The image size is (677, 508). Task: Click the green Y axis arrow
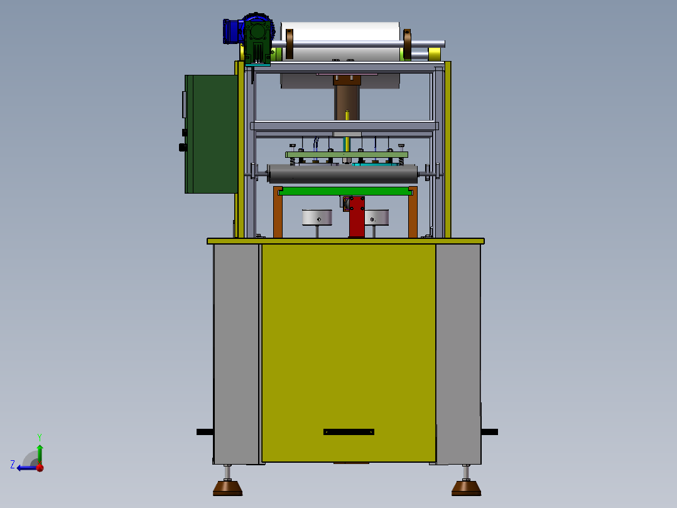[x=40, y=451]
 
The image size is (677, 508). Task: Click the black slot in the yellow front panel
[x=349, y=432]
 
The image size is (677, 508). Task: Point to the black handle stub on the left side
[x=204, y=432]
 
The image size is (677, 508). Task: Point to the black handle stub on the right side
[x=490, y=432]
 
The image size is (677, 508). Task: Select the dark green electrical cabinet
[x=210, y=134]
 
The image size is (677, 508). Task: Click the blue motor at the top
[x=232, y=31]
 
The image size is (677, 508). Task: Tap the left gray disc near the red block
[x=317, y=217]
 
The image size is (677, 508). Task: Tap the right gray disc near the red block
[x=377, y=217]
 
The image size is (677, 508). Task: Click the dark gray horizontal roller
[x=342, y=174]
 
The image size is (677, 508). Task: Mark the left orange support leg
[x=278, y=214]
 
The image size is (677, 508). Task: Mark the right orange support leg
[x=413, y=214]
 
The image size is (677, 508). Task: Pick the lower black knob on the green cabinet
[x=183, y=148]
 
